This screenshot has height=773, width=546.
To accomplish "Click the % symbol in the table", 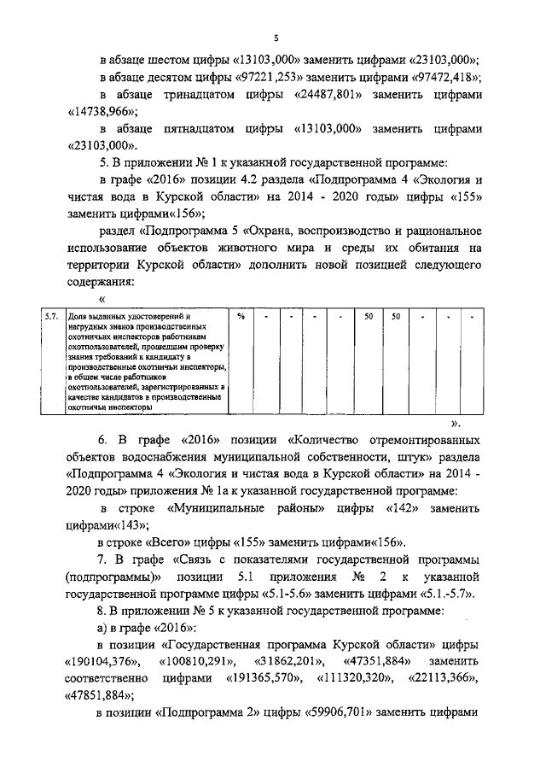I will pos(241,317).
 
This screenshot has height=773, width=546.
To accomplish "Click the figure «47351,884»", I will pos(372,663).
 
